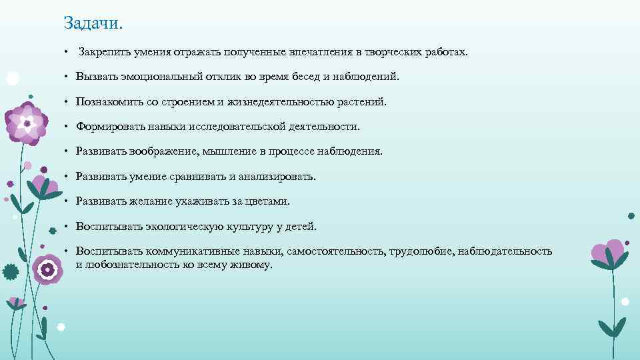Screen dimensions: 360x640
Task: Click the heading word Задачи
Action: coord(94,23)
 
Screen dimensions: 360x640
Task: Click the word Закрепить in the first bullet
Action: coord(103,51)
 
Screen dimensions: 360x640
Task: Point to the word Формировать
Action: coord(107,127)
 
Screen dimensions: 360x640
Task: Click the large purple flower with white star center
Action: coord(27,123)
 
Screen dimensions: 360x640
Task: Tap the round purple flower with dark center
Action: coord(47,270)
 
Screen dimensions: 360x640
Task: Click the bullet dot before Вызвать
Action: coord(67,77)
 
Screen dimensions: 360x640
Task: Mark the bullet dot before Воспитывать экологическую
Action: coord(67,227)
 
